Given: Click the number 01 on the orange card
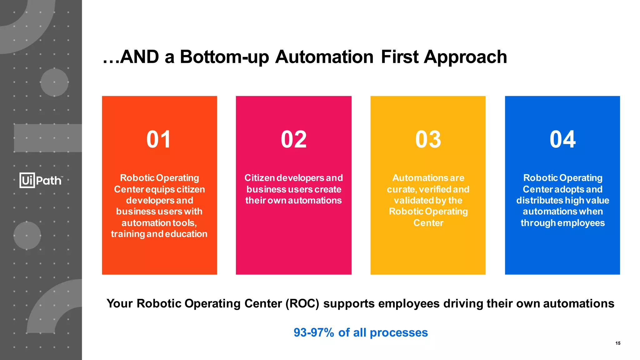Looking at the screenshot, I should pos(159,139).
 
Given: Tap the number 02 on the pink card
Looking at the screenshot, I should pos(293,139).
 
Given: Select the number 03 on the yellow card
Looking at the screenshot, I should pos(428,139).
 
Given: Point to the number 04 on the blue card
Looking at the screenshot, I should pos(562,139).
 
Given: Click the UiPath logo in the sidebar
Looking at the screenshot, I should pos(41,180).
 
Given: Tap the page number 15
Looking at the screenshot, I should pos(618,343).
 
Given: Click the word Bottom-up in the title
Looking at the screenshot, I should pos(224,57).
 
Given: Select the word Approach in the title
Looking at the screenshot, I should pos(465,57).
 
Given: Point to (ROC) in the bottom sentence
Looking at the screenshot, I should pos(302,304).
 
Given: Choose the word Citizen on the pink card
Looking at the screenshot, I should pos(259,178).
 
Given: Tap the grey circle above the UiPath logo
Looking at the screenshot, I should pos(54,82).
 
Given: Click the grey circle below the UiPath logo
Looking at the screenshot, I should pos(27,235).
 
